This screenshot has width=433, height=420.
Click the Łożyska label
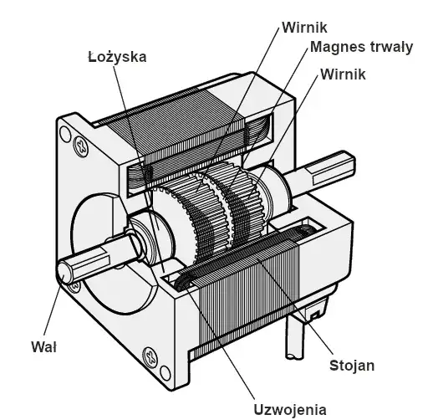[117, 56]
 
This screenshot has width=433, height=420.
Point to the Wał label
[44, 347]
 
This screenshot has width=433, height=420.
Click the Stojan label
[352, 366]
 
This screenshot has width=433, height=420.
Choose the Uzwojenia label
[290, 410]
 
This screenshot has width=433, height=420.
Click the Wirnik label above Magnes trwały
[304, 28]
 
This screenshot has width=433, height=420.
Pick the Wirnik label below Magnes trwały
[343, 74]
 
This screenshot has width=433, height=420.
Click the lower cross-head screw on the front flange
[150, 356]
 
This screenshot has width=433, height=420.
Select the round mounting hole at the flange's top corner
[65, 134]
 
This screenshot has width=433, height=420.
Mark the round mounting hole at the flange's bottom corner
[166, 373]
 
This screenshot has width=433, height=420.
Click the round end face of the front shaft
[65, 274]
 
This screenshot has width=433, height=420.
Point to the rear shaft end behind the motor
[320, 172]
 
